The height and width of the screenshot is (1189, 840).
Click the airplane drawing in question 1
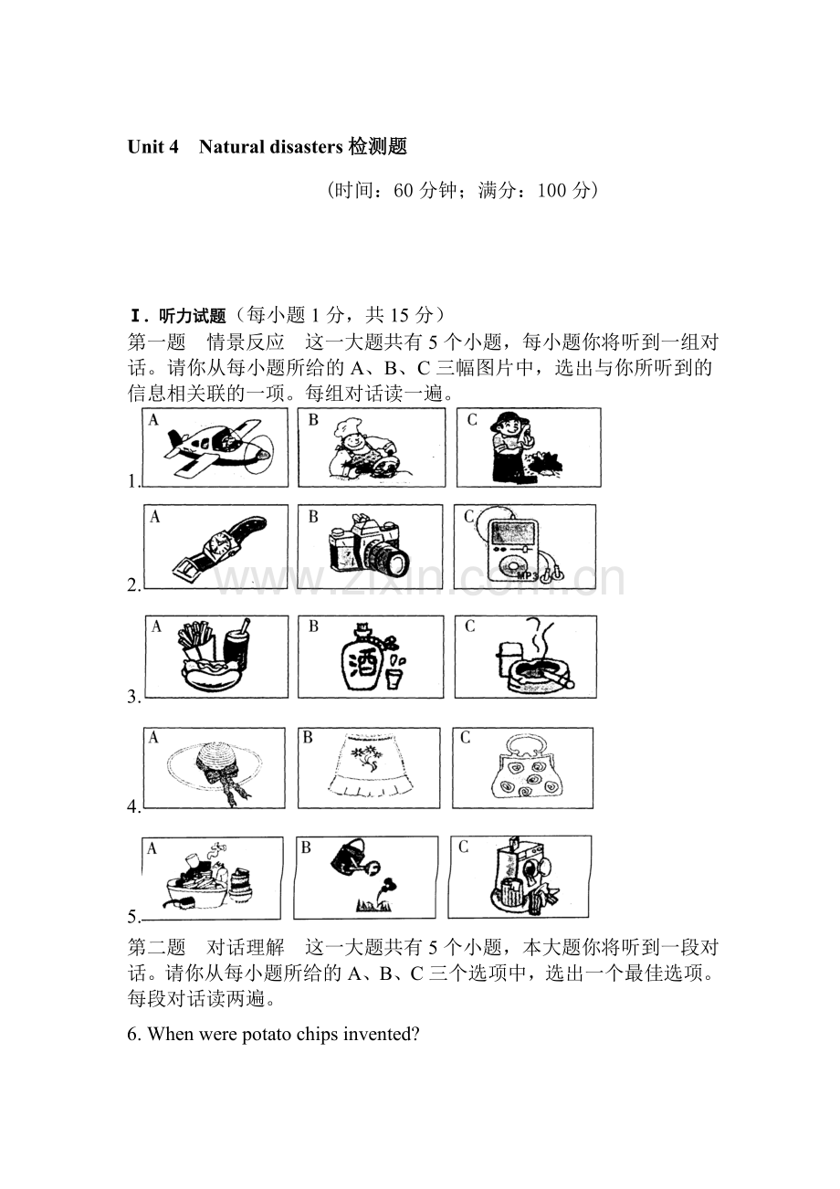218,447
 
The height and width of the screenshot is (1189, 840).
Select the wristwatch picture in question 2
218,547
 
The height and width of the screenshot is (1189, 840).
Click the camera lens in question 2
391,560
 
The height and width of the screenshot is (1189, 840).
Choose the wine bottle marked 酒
363,657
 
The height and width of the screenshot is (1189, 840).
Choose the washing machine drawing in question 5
521,874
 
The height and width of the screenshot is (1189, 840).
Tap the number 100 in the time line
551,190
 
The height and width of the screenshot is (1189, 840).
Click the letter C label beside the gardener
472,420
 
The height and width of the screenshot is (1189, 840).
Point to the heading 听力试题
192,316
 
